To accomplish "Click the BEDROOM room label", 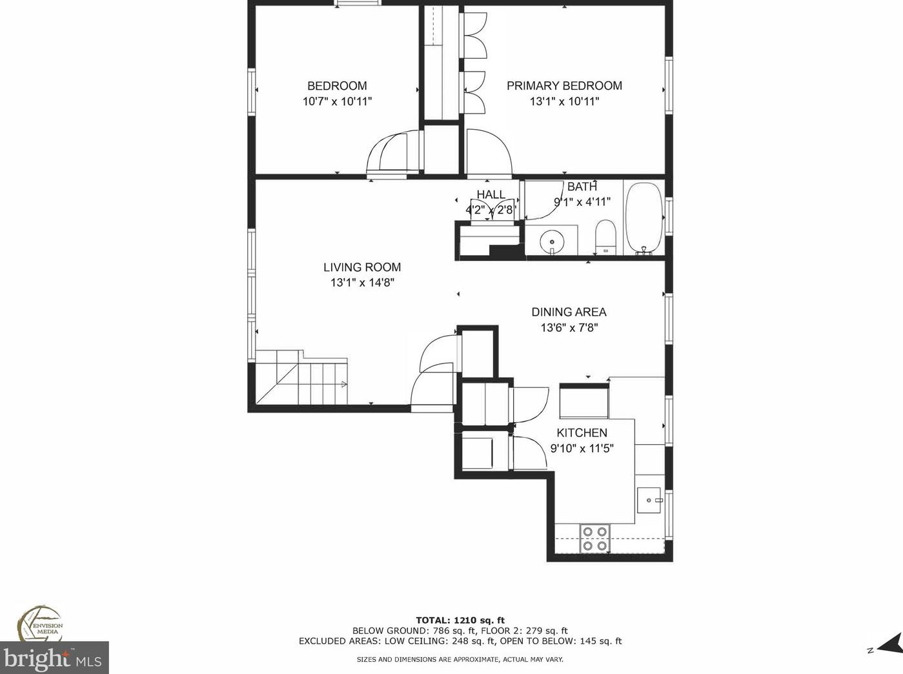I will tap(337, 86).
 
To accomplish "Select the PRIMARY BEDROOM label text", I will tap(564, 86).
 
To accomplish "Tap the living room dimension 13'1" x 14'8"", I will tap(362, 283).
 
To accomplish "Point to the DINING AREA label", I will tap(569, 312).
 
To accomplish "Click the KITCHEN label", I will tap(582, 433).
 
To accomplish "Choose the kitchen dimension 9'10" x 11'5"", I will tap(582, 448).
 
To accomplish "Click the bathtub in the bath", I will tap(644, 219).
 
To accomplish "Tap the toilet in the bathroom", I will tap(605, 238).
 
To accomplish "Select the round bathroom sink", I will tap(552, 241).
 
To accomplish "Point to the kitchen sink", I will tap(649, 500).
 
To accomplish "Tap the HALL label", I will tap(491, 195).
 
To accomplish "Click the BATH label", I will tap(582, 187).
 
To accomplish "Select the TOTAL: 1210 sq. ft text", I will tap(460, 620).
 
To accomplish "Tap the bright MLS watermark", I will tap(54, 659).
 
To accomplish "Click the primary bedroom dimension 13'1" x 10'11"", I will tap(564, 101).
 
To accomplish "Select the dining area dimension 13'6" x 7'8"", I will tap(569, 327).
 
